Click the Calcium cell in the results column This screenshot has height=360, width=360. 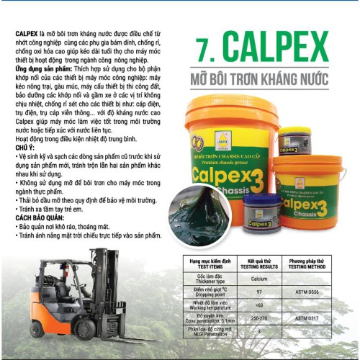pyautogui.click(x=257, y=278)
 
